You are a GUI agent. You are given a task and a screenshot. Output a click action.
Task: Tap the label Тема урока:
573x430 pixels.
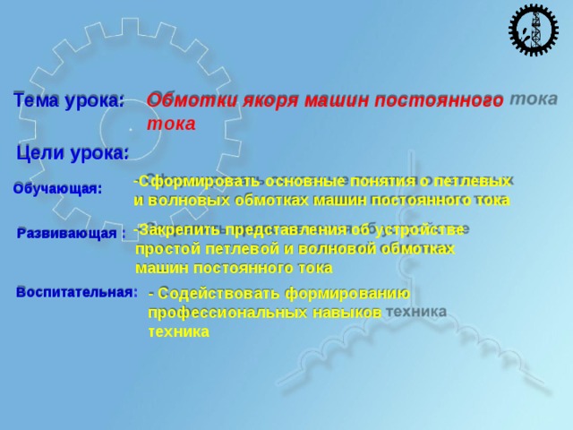point(69,101)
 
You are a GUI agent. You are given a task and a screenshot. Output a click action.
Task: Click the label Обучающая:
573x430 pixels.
point(57,189)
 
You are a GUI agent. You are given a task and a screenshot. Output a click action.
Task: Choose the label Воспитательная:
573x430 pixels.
point(77,292)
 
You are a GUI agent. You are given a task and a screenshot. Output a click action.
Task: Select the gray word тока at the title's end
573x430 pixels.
point(534,99)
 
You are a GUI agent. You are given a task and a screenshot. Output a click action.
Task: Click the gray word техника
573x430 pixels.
point(416,311)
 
